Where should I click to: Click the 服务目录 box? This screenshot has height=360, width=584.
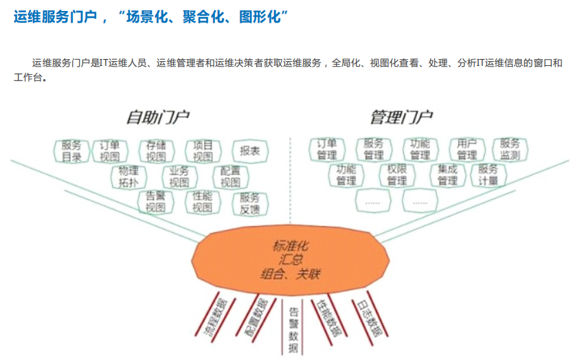pos(71,151)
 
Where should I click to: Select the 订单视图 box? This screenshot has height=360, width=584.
pos(110,151)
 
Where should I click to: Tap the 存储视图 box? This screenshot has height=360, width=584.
pos(156,151)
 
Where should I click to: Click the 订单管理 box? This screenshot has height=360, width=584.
pos(327,150)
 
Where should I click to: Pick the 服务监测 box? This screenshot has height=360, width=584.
pos(510,150)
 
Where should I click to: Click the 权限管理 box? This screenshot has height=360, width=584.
pos(397,175)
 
